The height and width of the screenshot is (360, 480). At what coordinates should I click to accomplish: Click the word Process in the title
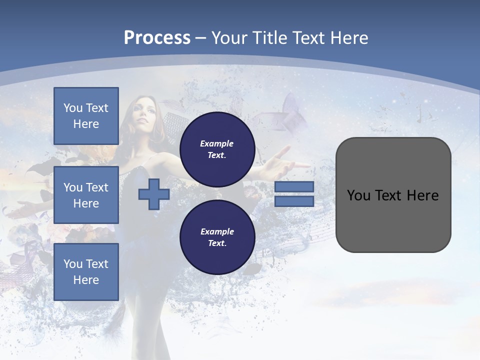pyautogui.click(x=157, y=38)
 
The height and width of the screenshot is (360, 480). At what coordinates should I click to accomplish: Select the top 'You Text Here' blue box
pyautogui.click(x=86, y=116)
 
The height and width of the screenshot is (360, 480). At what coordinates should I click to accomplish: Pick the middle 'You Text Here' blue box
pyautogui.click(x=86, y=195)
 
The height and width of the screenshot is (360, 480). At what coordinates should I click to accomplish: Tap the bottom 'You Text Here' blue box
pyautogui.click(x=86, y=272)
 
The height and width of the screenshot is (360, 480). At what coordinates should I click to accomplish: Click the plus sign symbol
pyautogui.click(x=154, y=194)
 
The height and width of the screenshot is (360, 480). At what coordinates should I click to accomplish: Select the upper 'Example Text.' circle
pyautogui.click(x=217, y=149)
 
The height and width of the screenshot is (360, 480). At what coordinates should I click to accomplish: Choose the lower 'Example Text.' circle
pyautogui.click(x=217, y=237)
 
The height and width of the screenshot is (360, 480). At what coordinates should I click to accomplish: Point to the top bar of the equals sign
pyautogui.click(x=294, y=187)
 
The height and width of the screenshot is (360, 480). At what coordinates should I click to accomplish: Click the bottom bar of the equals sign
pyautogui.click(x=294, y=201)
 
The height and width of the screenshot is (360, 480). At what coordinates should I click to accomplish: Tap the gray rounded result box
pyautogui.click(x=393, y=195)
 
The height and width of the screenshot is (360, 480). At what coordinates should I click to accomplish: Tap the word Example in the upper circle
pyautogui.click(x=217, y=143)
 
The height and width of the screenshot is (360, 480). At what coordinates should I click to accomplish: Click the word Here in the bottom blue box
pyautogui.click(x=86, y=280)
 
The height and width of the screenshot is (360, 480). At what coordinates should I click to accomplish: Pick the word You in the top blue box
pyautogui.click(x=73, y=108)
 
